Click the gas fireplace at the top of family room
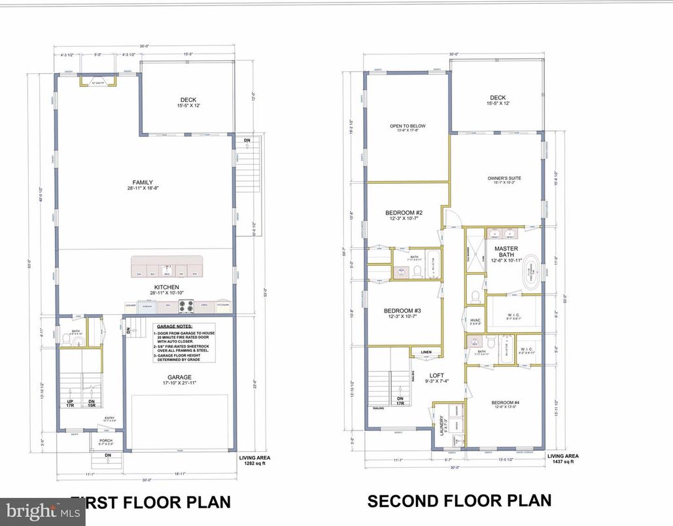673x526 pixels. [x=99, y=81]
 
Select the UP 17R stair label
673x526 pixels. [x=71, y=403]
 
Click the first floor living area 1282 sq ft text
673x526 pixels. [x=254, y=461]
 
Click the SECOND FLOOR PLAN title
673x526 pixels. [x=459, y=501]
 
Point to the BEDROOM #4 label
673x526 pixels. [x=504, y=404]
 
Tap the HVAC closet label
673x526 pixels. [x=475, y=321]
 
